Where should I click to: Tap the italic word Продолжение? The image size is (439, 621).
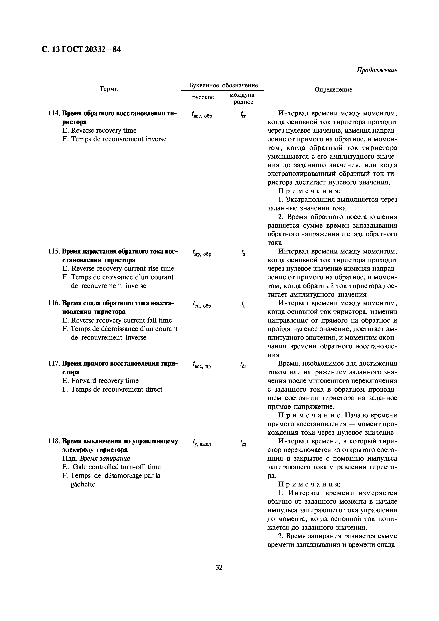(x=377, y=70)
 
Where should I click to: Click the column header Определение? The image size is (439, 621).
(x=333, y=90)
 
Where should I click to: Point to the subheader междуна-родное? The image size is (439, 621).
(x=243, y=98)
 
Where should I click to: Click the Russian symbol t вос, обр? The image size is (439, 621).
(x=202, y=115)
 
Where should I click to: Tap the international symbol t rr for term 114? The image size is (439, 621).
(x=243, y=115)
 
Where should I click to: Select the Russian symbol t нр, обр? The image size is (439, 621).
(x=202, y=253)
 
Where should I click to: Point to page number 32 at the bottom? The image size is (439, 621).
(x=219, y=567)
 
